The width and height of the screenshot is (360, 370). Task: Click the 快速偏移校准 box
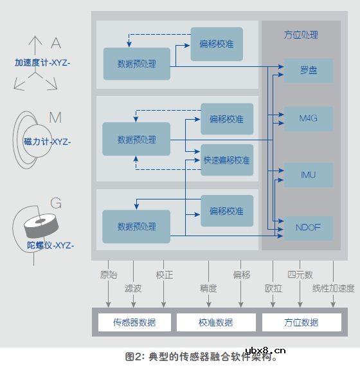pyautogui.click(x=226, y=160)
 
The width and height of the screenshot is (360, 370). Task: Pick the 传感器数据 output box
pyautogui.click(x=134, y=322)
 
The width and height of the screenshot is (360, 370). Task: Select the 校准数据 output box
pyautogui.click(x=216, y=322)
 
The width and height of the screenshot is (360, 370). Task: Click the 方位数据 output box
pyautogui.click(x=300, y=322)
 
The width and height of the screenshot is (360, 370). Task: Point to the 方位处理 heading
pyautogui.click(x=301, y=35)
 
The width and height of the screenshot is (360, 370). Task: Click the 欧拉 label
pyautogui.click(x=273, y=289)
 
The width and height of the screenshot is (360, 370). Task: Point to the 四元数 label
pyautogui.click(x=300, y=275)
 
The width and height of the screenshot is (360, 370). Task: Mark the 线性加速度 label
pyautogui.click(x=333, y=289)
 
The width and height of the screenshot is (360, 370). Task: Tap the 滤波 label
pyautogui.click(x=133, y=289)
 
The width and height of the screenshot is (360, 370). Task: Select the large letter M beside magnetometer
pyautogui.click(x=55, y=118)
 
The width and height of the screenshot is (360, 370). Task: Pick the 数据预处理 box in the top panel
pyautogui.click(x=137, y=64)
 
